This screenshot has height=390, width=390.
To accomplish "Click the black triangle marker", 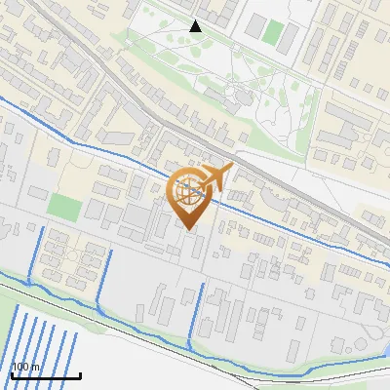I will [x=196, y=26].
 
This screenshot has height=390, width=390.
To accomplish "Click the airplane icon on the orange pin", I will [x=215, y=177].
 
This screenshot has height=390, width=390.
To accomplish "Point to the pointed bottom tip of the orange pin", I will [x=187, y=229].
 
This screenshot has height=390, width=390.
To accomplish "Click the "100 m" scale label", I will [x=26, y=367].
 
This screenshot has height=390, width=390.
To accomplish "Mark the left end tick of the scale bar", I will [x=12, y=375].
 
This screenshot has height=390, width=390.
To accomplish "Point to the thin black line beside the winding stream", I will [x=146, y=329].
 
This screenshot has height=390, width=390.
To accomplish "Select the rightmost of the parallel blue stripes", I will [x=74, y=351].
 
